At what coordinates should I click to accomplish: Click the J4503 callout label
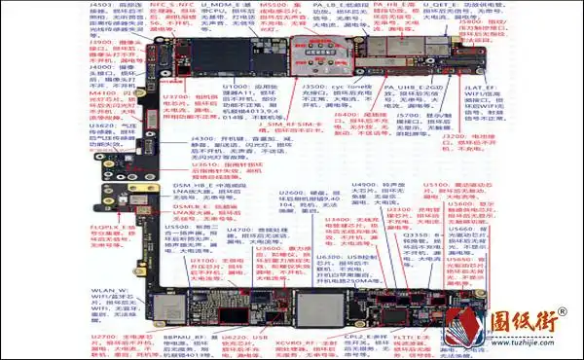pyautogui.click(x=101, y=6)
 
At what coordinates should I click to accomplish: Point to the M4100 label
pyautogui.click(x=101, y=91)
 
